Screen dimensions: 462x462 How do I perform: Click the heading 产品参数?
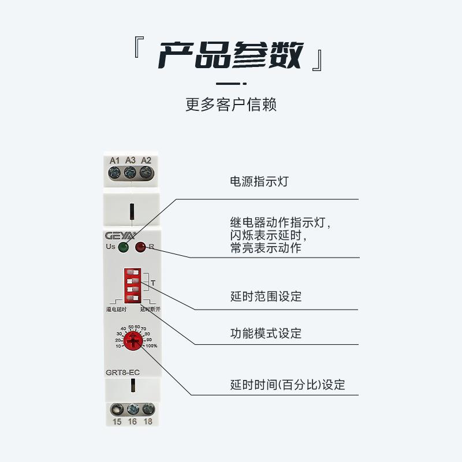pos(230,56)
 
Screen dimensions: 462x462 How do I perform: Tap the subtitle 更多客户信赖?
pos(231,105)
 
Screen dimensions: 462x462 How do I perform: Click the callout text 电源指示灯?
pos(259,181)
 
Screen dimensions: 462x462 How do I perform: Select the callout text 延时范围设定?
pos(266,297)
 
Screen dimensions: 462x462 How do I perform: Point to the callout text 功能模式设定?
pos(266,333)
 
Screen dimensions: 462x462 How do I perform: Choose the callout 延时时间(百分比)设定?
pos(288,385)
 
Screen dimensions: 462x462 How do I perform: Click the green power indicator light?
pos(124,248)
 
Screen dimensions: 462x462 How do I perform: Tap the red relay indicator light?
pos(140,248)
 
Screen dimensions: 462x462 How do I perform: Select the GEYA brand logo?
pos(120,236)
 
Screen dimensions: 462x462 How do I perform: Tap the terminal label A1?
pos(115,160)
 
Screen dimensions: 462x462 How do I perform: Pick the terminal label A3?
pos(131,160)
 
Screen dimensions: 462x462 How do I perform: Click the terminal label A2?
pos(146,160)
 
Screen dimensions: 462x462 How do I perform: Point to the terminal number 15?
pos(117,422)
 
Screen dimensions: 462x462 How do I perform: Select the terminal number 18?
pos(148,422)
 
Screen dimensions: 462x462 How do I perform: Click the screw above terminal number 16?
pos(133,409)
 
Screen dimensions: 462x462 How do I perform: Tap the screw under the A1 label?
pos(115,172)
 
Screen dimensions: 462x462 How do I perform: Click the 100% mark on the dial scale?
pos(151,346)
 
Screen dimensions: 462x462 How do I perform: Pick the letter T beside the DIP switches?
pos(152,283)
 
